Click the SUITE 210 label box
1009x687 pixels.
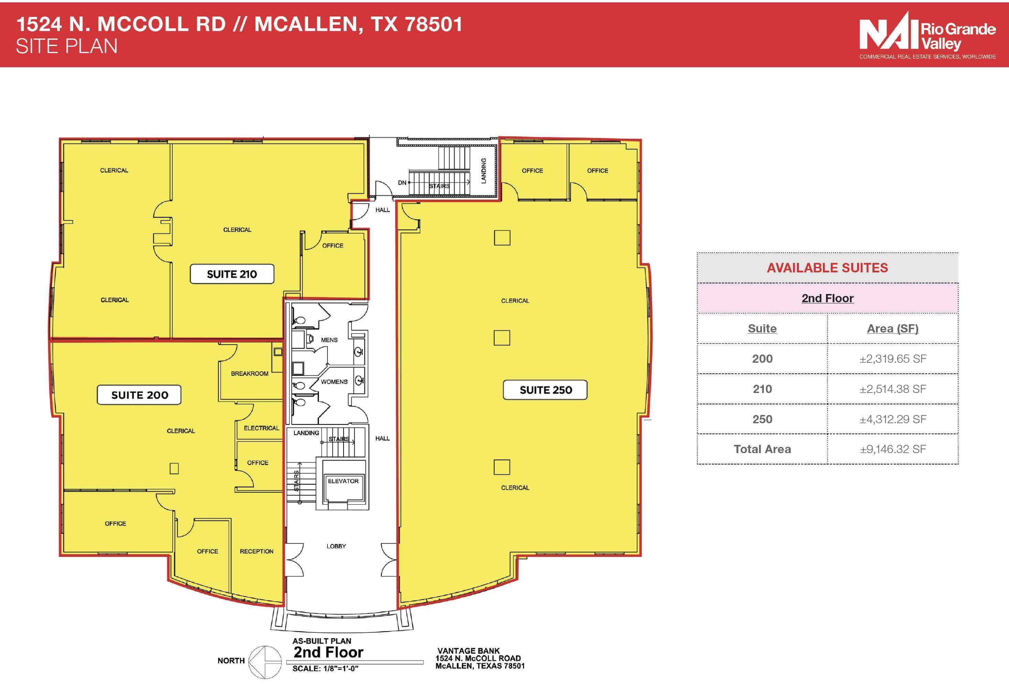point(232,274)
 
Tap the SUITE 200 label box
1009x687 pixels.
point(139,395)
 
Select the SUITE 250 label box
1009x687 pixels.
point(545,390)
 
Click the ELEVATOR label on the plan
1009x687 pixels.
point(343,481)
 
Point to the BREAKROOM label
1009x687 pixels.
point(250,373)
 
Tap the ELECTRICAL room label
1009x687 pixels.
point(261,428)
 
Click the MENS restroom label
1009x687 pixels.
point(329,340)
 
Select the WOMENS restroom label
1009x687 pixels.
point(334,382)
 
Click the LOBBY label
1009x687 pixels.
point(336,546)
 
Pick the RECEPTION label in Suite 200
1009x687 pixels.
point(257,551)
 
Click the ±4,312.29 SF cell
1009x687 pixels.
point(893,419)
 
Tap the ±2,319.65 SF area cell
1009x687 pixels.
point(893,359)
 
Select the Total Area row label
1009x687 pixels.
point(762,449)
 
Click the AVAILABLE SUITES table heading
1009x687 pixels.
point(827,268)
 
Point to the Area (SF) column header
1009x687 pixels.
point(893,328)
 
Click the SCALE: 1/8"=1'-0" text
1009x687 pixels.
point(325,668)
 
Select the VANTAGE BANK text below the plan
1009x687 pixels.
point(468,651)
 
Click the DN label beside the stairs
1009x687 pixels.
point(402,183)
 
